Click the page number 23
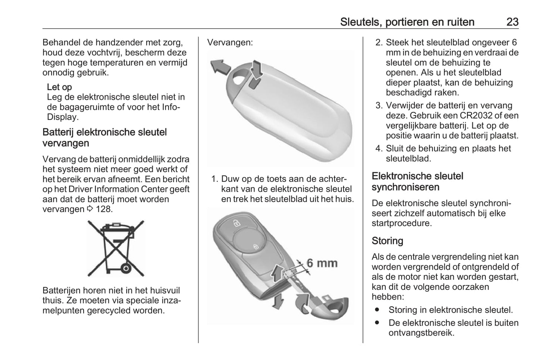(512, 22)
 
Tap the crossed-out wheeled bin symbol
(116, 248)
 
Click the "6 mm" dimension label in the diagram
(322, 263)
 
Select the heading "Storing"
(387, 241)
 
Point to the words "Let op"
(59, 87)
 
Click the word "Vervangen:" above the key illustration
(230, 42)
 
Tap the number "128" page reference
(104, 209)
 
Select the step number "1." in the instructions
(214, 179)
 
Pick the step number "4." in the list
(379, 148)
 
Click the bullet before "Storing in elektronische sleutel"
(377, 310)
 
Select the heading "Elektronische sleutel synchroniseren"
(417, 181)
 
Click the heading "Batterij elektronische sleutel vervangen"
(104, 138)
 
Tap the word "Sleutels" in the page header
(359, 22)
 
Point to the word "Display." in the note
(63, 117)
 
